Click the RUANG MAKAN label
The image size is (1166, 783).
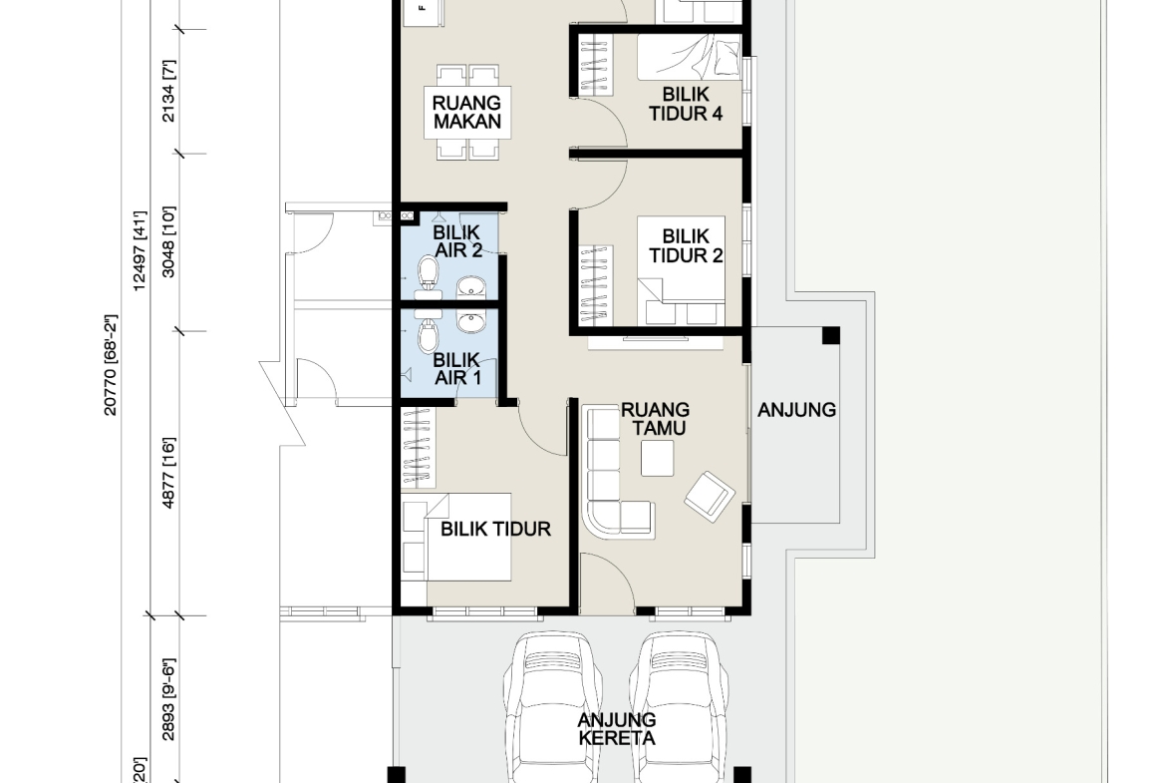pyautogui.click(x=467, y=113)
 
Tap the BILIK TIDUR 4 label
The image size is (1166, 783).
pyautogui.click(x=686, y=104)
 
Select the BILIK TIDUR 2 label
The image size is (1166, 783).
pyautogui.click(x=686, y=245)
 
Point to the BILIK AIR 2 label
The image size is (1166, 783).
pyautogui.click(x=457, y=241)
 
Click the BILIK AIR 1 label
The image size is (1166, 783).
pyautogui.click(x=457, y=369)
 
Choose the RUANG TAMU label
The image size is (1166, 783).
pyautogui.click(x=655, y=419)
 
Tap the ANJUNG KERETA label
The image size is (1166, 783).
pyautogui.click(x=617, y=729)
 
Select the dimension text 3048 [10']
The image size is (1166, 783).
pyautogui.click(x=168, y=242)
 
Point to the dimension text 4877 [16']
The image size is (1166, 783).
pyautogui.click(x=168, y=474)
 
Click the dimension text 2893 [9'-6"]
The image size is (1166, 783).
pyautogui.click(x=168, y=699)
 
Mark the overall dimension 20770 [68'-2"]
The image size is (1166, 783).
pyautogui.click(x=111, y=365)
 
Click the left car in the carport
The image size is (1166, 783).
pyautogui.click(x=551, y=707)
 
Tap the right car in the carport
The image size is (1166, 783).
pyautogui.click(x=679, y=707)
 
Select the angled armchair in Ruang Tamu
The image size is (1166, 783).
pyautogui.click(x=710, y=497)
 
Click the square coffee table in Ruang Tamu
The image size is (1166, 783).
pyautogui.click(x=658, y=459)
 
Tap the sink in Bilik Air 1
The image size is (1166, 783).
pyautogui.click(x=470, y=322)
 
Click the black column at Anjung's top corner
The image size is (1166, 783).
pyautogui.click(x=830, y=335)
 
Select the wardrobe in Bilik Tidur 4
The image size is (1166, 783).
pyautogui.click(x=596, y=65)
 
